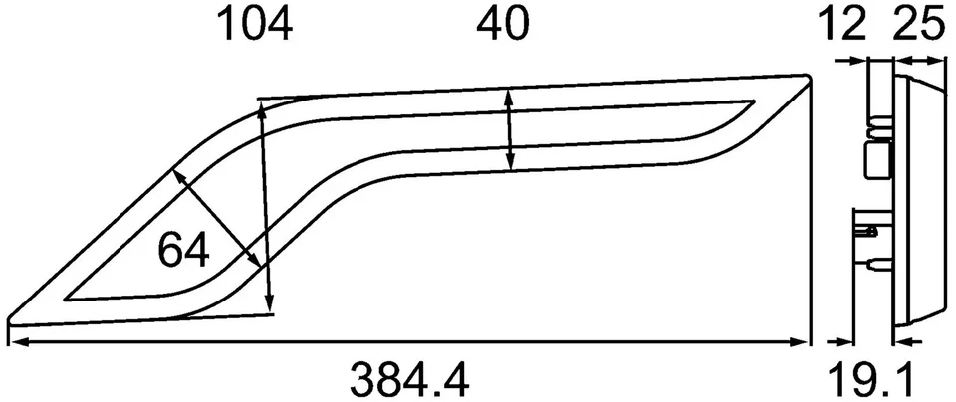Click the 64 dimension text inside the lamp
[183, 251]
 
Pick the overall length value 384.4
[409, 379]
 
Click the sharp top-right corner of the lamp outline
[808, 76]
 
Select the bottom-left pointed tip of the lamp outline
[10, 320]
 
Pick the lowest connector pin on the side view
[875, 266]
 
